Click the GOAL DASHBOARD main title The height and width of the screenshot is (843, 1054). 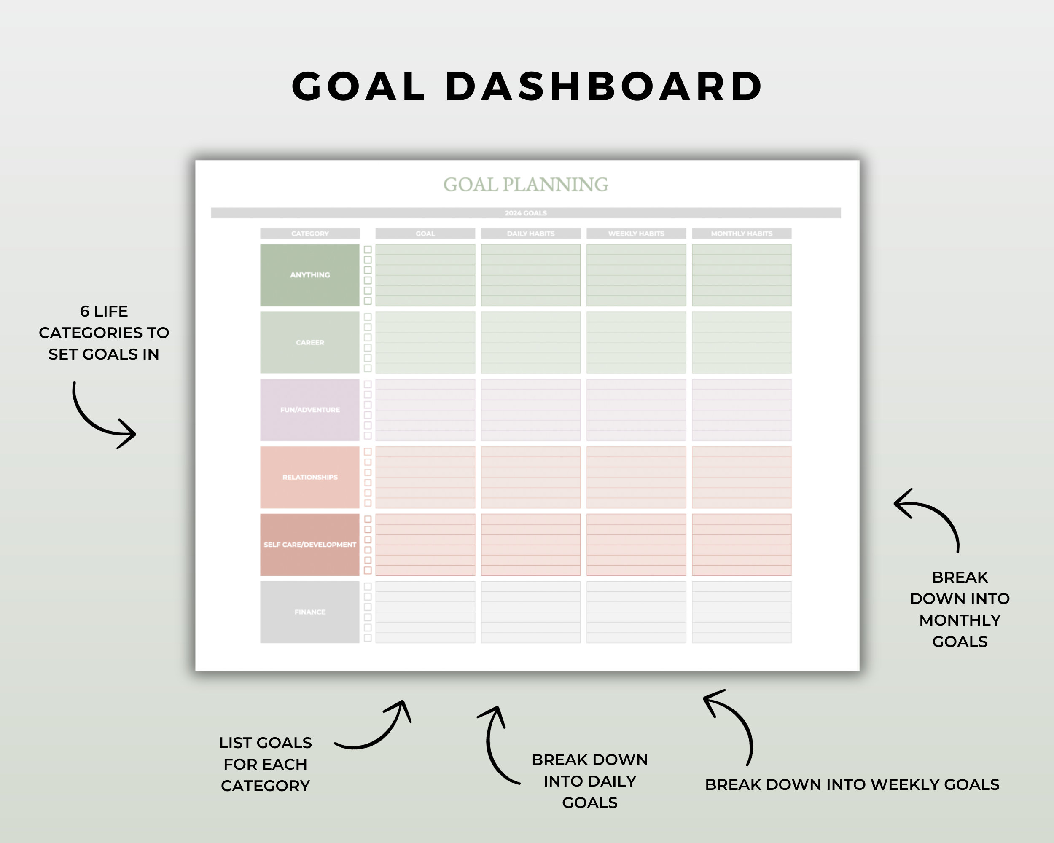click(527, 86)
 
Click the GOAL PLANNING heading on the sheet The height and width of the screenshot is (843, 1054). click(526, 184)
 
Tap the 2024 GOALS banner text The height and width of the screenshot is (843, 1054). click(526, 213)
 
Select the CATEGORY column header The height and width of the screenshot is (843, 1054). click(310, 234)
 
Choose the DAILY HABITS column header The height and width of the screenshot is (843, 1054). click(530, 234)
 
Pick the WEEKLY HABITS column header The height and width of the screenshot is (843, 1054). click(636, 234)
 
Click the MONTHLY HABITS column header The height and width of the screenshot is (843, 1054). click(742, 234)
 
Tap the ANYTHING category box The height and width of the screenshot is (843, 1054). click(310, 275)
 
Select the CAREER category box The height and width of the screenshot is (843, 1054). click(310, 343)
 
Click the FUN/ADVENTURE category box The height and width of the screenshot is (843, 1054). click(310, 410)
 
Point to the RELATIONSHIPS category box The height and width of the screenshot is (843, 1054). click(310, 478)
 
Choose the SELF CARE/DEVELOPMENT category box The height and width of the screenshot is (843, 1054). click(310, 545)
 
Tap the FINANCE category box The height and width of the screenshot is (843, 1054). click(310, 612)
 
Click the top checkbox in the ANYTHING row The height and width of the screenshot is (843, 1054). click(368, 250)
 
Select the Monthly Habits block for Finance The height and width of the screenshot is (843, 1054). click(742, 612)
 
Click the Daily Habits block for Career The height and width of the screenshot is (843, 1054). click(530, 343)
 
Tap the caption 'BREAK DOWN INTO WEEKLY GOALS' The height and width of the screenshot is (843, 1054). click(852, 784)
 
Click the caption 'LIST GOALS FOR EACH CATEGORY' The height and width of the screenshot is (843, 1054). click(266, 764)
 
